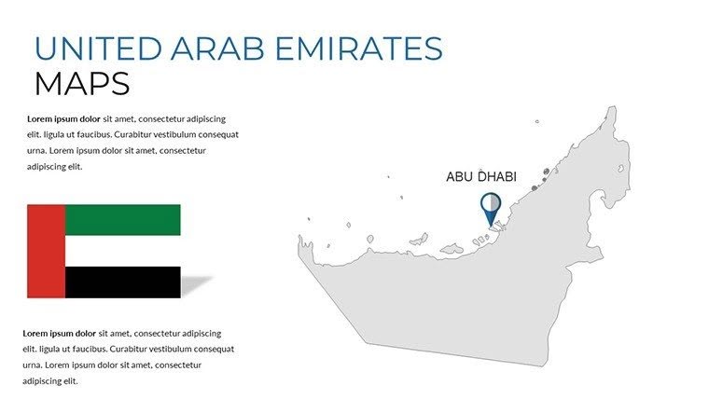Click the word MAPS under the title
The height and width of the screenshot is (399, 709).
tap(81, 84)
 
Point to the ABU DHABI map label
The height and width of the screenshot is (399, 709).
tap(481, 176)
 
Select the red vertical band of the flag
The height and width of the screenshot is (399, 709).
tap(47, 252)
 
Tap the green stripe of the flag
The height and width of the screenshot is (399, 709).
tap(122, 220)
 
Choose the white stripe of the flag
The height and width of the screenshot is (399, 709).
tap(122, 251)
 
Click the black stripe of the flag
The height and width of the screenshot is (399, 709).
tap(122, 282)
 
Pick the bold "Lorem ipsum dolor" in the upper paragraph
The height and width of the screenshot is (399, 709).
tap(63, 119)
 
